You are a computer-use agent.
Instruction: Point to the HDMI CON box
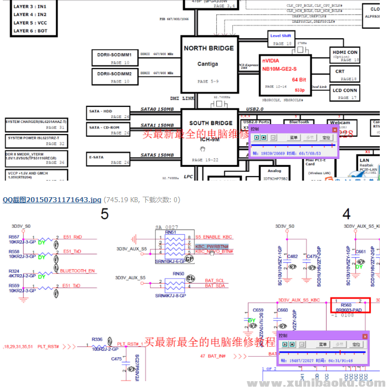[x=345, y=55]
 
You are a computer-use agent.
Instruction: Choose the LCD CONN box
[x=345, y=93]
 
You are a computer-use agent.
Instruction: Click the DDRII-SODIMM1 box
[x=114, y=58]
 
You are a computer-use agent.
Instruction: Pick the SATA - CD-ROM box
[x=109, y=130]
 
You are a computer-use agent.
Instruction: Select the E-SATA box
[x=109, y=160]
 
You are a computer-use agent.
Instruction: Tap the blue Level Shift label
[x=281, y=36]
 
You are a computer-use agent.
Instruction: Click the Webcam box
[x=340, y=125]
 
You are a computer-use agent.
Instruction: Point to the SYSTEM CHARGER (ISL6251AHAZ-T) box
[x=35, y=125]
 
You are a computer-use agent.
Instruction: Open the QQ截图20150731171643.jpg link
[x=52, y=199]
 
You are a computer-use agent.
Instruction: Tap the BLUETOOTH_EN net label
[x=78, y=271]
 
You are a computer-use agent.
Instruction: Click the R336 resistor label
[x=97, y=339]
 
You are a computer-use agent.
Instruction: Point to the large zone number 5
[x=104, y=214]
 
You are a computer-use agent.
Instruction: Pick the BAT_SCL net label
[x=214, y=280]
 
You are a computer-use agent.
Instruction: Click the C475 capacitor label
[x=116, y=358]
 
